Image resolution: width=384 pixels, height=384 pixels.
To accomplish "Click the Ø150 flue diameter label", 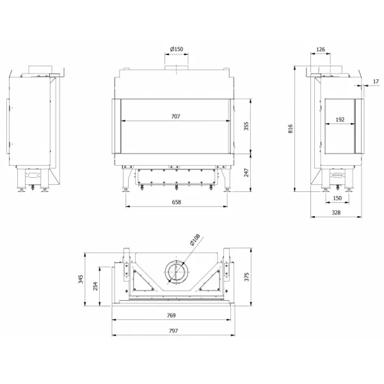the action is pyautogui.click(x=177, y=49).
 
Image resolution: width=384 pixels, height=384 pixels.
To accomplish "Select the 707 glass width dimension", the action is pyautogui.click(x=175, y=116).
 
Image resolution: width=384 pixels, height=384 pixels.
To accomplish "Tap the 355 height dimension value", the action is pyautogui.click(x=246, y=126).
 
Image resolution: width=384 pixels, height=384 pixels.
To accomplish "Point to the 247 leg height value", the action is pyautogui.click(x=246, y=172).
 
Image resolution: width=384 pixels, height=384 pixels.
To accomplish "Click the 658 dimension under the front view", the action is pyautogui.click(x=177, y=202).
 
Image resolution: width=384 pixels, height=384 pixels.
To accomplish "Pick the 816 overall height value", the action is pyautogui.click(x=291, y=129).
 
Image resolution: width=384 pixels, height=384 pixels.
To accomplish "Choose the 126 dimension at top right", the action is pyautogui.click(x=321, y=49).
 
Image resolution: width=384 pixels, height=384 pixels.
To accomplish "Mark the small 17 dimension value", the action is pyautogui.click(x=376, y=81).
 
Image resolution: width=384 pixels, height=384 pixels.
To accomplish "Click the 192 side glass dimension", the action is pyautogui.click(x=340, y=120).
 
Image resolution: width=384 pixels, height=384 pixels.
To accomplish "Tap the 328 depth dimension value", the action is pyautogui.click(x=336, y=212).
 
